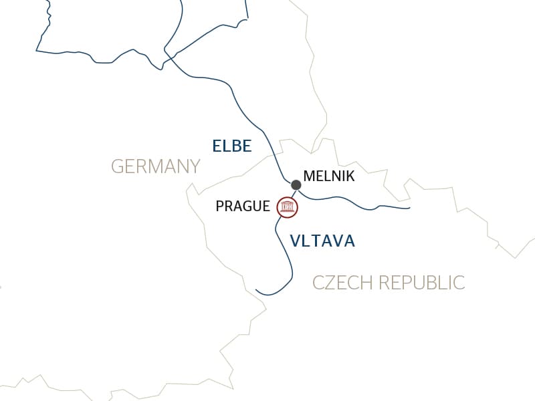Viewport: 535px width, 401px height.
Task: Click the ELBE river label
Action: (231, 146)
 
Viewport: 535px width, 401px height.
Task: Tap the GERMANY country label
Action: (155, 166)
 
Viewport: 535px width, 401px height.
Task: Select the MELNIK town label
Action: (328, 176)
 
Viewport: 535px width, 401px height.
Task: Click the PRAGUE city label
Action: (243, 207)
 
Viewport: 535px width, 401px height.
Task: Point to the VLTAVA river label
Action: (322, 241)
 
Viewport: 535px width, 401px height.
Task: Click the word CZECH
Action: (344, 283)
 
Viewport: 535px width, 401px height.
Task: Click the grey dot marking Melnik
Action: (296, 184)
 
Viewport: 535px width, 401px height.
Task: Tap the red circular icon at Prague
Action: (288, 207)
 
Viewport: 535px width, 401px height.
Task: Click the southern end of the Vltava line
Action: (257, 290)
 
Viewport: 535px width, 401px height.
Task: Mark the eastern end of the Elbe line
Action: (409, 208)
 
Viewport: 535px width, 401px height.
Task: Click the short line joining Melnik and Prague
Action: (293, 194)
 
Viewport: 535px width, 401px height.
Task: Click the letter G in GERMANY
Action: (118, 166)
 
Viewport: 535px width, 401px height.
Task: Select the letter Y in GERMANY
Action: (195, 166)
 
